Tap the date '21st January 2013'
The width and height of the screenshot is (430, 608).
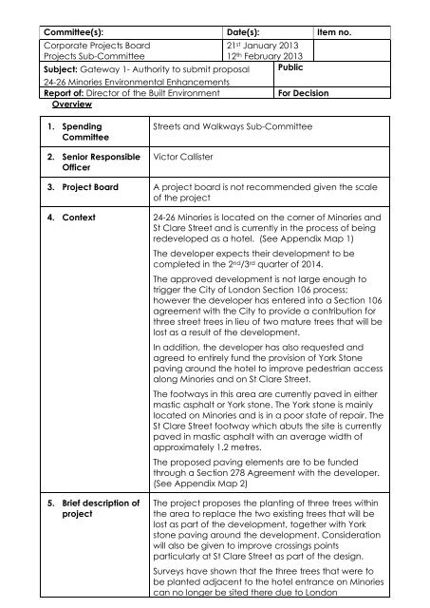pos(265,45)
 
